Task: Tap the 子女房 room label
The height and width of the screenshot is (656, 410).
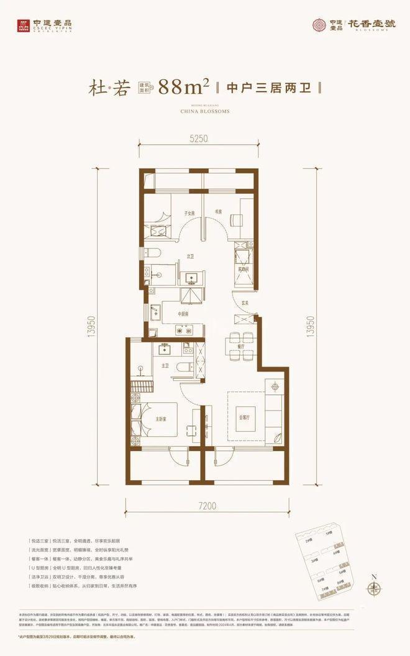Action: click(x=189, y=213)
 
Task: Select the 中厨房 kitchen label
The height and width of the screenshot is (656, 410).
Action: click(x=183, y=314)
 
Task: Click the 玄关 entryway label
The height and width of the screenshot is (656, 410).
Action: click(x=245, y=303)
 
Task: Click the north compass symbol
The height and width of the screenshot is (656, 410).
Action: click(x=373, y=588)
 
